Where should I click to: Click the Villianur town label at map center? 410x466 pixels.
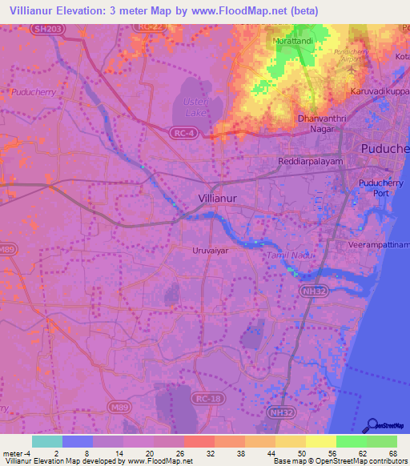coord(221,197)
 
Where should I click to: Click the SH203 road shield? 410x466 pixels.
coord(44,29)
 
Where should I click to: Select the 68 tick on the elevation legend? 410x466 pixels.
coord(392,453)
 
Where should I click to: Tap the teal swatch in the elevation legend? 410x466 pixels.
coord(46,441)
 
